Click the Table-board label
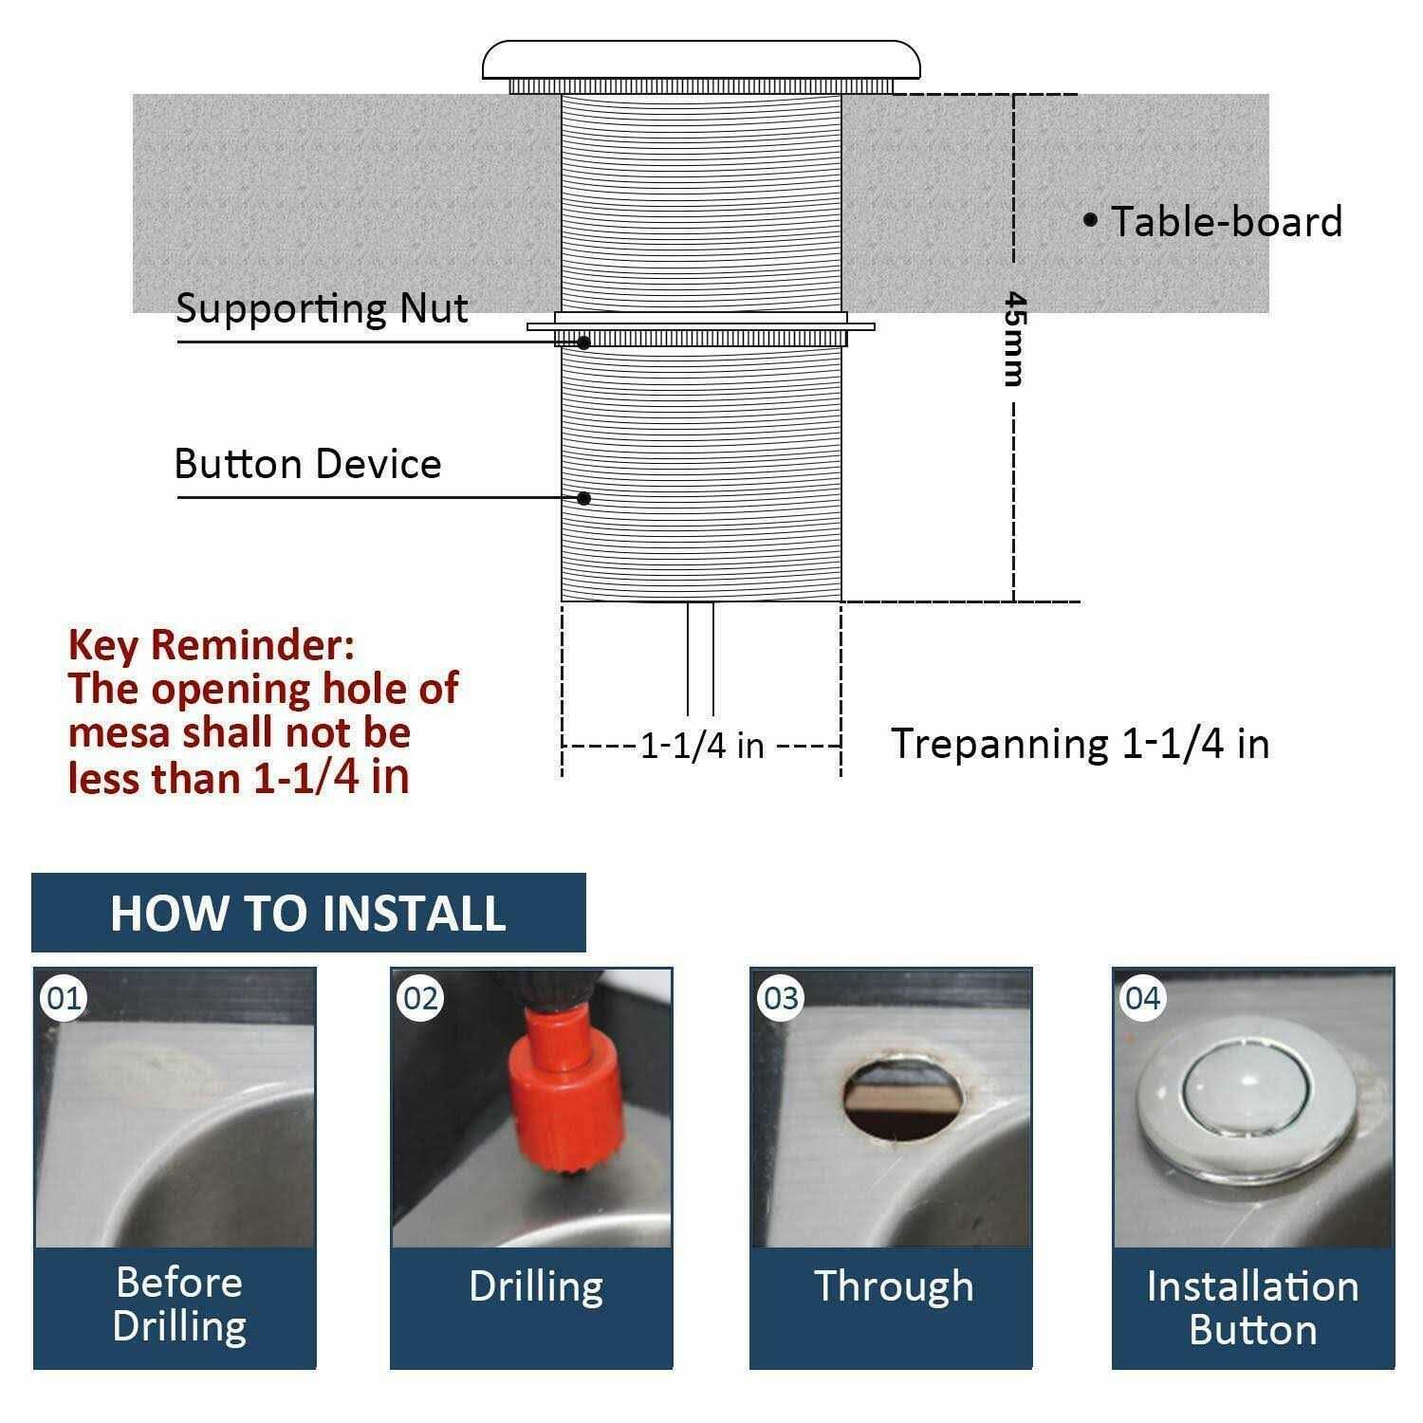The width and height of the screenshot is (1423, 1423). tap(1226, 222)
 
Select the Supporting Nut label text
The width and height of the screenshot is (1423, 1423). tap(322, 309)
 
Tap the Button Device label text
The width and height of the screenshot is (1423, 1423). tap(308, 464)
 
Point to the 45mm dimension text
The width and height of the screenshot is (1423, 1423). tap(1014, 338)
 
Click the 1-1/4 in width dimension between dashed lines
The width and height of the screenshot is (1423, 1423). tap(702, 746)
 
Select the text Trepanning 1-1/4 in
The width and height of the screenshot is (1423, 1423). tap(1080, 744)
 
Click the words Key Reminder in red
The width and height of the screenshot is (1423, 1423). tap(211, 646)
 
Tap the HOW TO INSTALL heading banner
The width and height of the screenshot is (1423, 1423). tap(308, 913)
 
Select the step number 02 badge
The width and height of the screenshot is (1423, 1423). tap(421, 998)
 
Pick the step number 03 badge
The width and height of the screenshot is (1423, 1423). tap(781, 998)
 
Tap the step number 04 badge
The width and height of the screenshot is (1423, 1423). tap(1142, 998)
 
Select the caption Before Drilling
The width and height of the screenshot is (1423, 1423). tap(178, 1304)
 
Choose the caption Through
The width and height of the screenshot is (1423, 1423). tap(894, 1286)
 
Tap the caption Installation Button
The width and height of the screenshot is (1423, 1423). tap(1252, 1307)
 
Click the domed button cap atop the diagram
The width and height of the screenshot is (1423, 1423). tap(701, 60)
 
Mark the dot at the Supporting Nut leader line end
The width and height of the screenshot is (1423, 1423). tap(584, 342)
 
